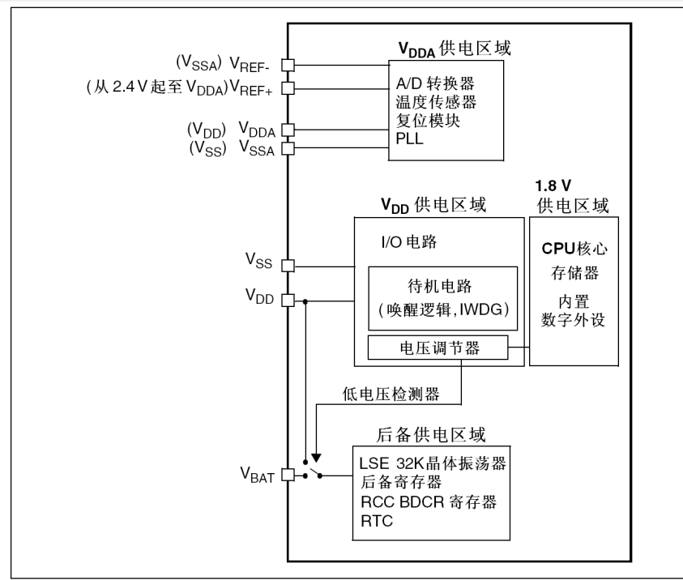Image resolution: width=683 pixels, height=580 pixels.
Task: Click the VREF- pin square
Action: coord(288,64)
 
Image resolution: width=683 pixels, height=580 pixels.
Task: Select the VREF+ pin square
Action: coord(288,86)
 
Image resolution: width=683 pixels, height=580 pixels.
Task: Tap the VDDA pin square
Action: coord(288,129)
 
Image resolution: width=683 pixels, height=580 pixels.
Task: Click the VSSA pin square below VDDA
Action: coord(288,148)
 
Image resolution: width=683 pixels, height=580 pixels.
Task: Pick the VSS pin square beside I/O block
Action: coord(288,266)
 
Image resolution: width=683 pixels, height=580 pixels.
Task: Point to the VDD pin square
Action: coord(288,301)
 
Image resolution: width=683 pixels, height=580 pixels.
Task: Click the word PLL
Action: coord(410,139)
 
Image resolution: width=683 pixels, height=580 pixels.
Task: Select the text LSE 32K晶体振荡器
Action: coord(431,463)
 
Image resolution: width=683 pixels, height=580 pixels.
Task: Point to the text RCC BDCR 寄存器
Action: coord(427,502)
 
